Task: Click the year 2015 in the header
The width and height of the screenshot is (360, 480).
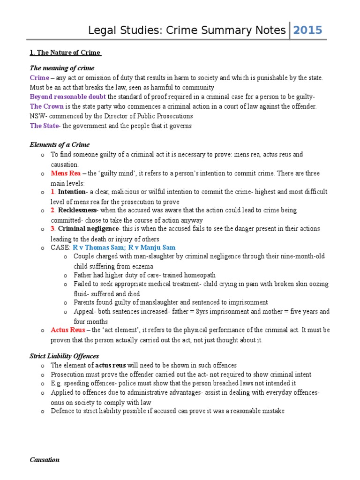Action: pyautogui.click(x=307, y=30)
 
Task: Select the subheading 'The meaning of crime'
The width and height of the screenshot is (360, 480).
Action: pyautogui.click(x=62, y=68)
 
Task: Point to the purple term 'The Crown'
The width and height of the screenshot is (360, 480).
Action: pyautogui.click(x=46, y=106)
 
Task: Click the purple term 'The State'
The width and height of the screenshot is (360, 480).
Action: pyautogui.click(x=45, y=126)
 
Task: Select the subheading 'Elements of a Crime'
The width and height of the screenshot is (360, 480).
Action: pyautogui.click(x=60, y=144)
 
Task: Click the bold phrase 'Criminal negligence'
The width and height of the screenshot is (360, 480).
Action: pyautogui.click(x=89, y=229)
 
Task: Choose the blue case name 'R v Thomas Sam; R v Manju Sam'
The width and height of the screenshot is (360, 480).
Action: pyautogui.click(x=124, y=247)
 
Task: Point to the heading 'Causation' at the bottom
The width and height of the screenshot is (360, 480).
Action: pyautogui.click(x=45, y=460)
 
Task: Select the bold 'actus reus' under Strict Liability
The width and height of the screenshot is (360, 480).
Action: pyautogui.click(x=112, y=365)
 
